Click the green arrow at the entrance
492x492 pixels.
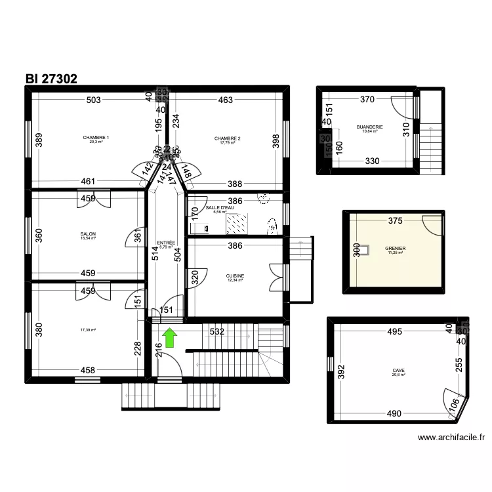coord(169,338)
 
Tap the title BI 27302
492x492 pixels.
coord(52,79)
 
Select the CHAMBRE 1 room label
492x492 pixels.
coord(96,138)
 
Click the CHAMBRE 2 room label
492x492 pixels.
coord(228,138)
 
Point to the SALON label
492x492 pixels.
coord(88,234)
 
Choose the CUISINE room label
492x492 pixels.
coord(235,276)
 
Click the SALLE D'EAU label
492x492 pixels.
coord(220,208)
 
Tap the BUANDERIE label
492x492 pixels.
coord(370,127)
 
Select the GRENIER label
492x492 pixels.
coord(396,249)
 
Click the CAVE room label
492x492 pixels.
coord(398,370)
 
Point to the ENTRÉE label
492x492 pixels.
coord(166,243)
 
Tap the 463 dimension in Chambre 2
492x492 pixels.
coord(226,100)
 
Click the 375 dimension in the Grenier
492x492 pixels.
coord(395,221)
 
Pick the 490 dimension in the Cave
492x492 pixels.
coord(394,413)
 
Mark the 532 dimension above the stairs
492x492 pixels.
coord(217,332)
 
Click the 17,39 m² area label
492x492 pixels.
coord(88,330)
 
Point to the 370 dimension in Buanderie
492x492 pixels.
coord(367,100)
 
